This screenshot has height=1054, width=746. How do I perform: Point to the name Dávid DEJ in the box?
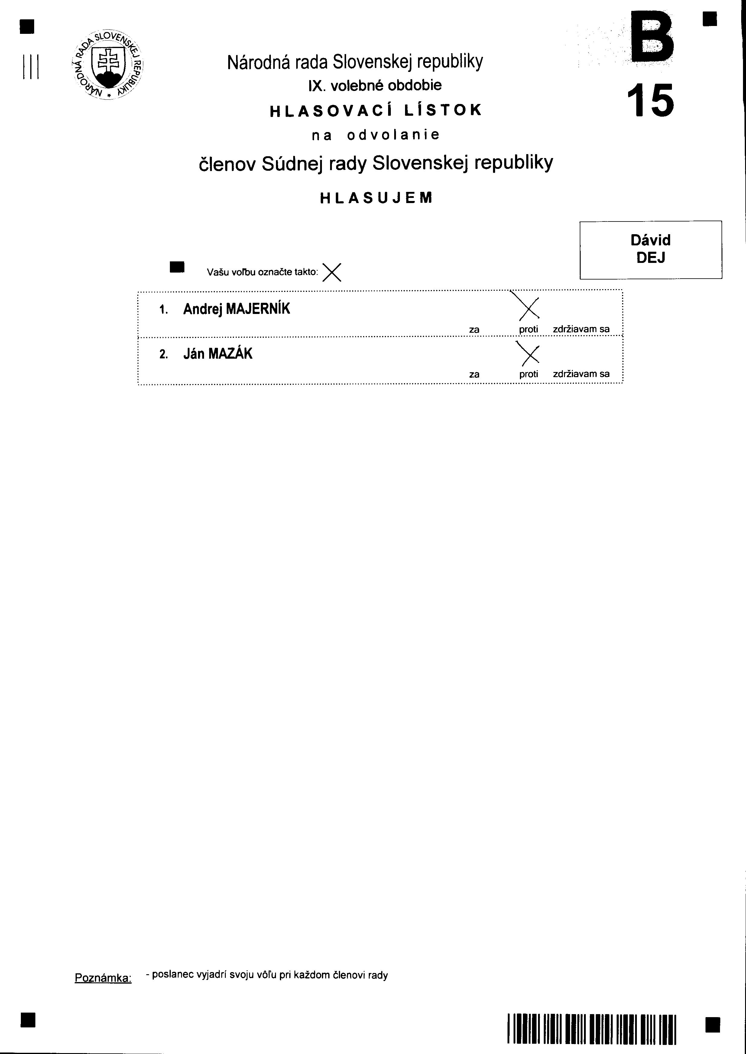click(x=650, y=249)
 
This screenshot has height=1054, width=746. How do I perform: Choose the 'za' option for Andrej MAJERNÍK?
click(x=474, y=330)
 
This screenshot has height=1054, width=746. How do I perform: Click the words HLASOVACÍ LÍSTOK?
click(x=375, y=110)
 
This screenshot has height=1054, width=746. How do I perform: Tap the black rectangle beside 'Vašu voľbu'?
click(x=177, y=267)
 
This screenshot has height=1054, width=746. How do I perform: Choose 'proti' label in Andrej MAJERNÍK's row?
click(x=528, y=330)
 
